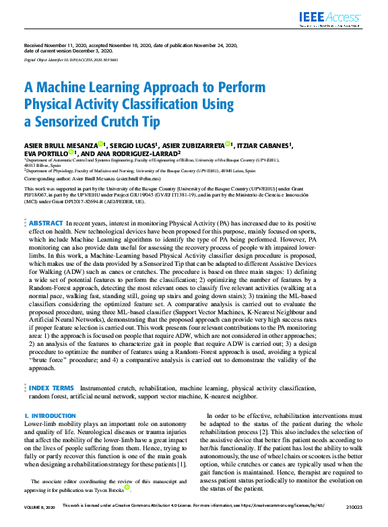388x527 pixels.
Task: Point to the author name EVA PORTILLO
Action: click(x=44, y=153)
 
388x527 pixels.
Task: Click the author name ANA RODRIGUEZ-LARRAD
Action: click(x=143, y=153)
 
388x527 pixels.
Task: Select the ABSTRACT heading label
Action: click(x=46, y=222)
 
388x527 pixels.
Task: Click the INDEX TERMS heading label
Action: click(x=51, y=388)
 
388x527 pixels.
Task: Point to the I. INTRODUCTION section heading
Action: click(x=50, y=417)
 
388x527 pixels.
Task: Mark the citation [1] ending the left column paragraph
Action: click(x=182, y=464)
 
